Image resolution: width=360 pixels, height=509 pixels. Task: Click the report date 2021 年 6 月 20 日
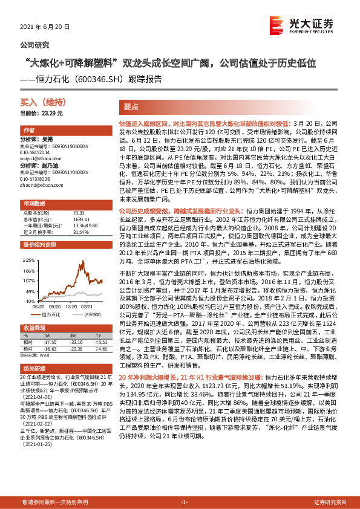pyautogui.click(x=45, y=27)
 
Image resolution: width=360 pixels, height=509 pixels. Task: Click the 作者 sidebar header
pyautogui.click(x=28, y=130)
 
